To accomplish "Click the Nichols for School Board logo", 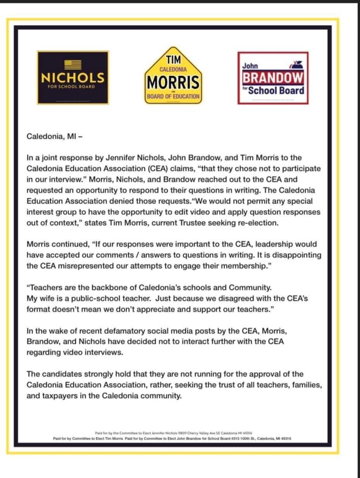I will (73, 77).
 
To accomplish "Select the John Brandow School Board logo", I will (273, 77).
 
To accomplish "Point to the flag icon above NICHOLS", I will (73, 64).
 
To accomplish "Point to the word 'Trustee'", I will (187, 223).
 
